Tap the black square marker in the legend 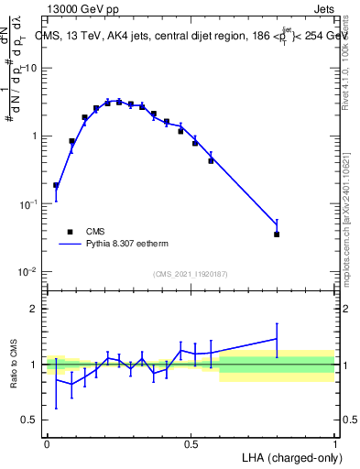71,232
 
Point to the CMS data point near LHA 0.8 277,234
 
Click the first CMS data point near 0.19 56,185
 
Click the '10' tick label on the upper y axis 30,68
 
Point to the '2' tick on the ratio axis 35,309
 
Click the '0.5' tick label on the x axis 191,443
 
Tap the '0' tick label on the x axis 47,443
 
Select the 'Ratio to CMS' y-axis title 14,364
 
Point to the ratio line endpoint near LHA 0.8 277,339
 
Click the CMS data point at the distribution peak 119,102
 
